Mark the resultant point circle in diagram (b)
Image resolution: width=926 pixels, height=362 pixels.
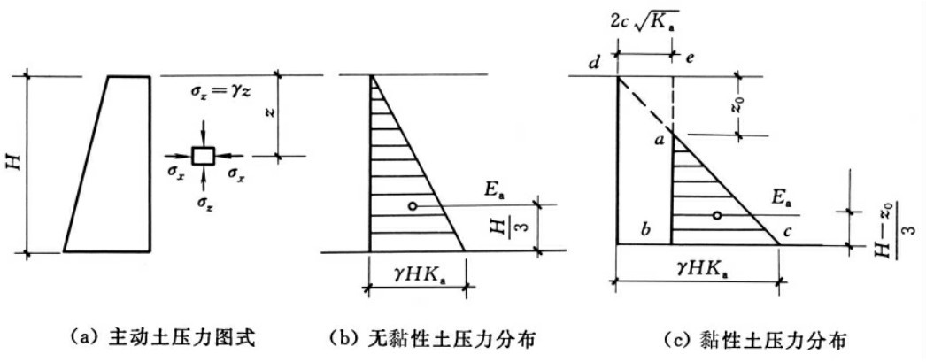coord(413,206)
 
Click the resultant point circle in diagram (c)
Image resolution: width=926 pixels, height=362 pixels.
coord(717,216)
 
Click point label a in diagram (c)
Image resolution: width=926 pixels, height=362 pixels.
coord(659,140)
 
